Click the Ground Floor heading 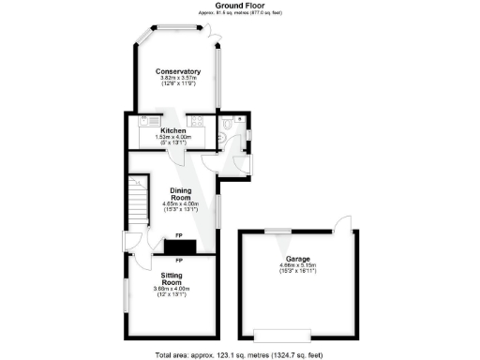239,6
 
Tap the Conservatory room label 178,72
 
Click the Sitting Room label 169,277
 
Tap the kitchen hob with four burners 198,121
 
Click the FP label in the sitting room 178,259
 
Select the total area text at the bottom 239,355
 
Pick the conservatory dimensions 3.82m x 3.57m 178,81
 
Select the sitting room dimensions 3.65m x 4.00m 169,291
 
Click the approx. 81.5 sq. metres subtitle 239,13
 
